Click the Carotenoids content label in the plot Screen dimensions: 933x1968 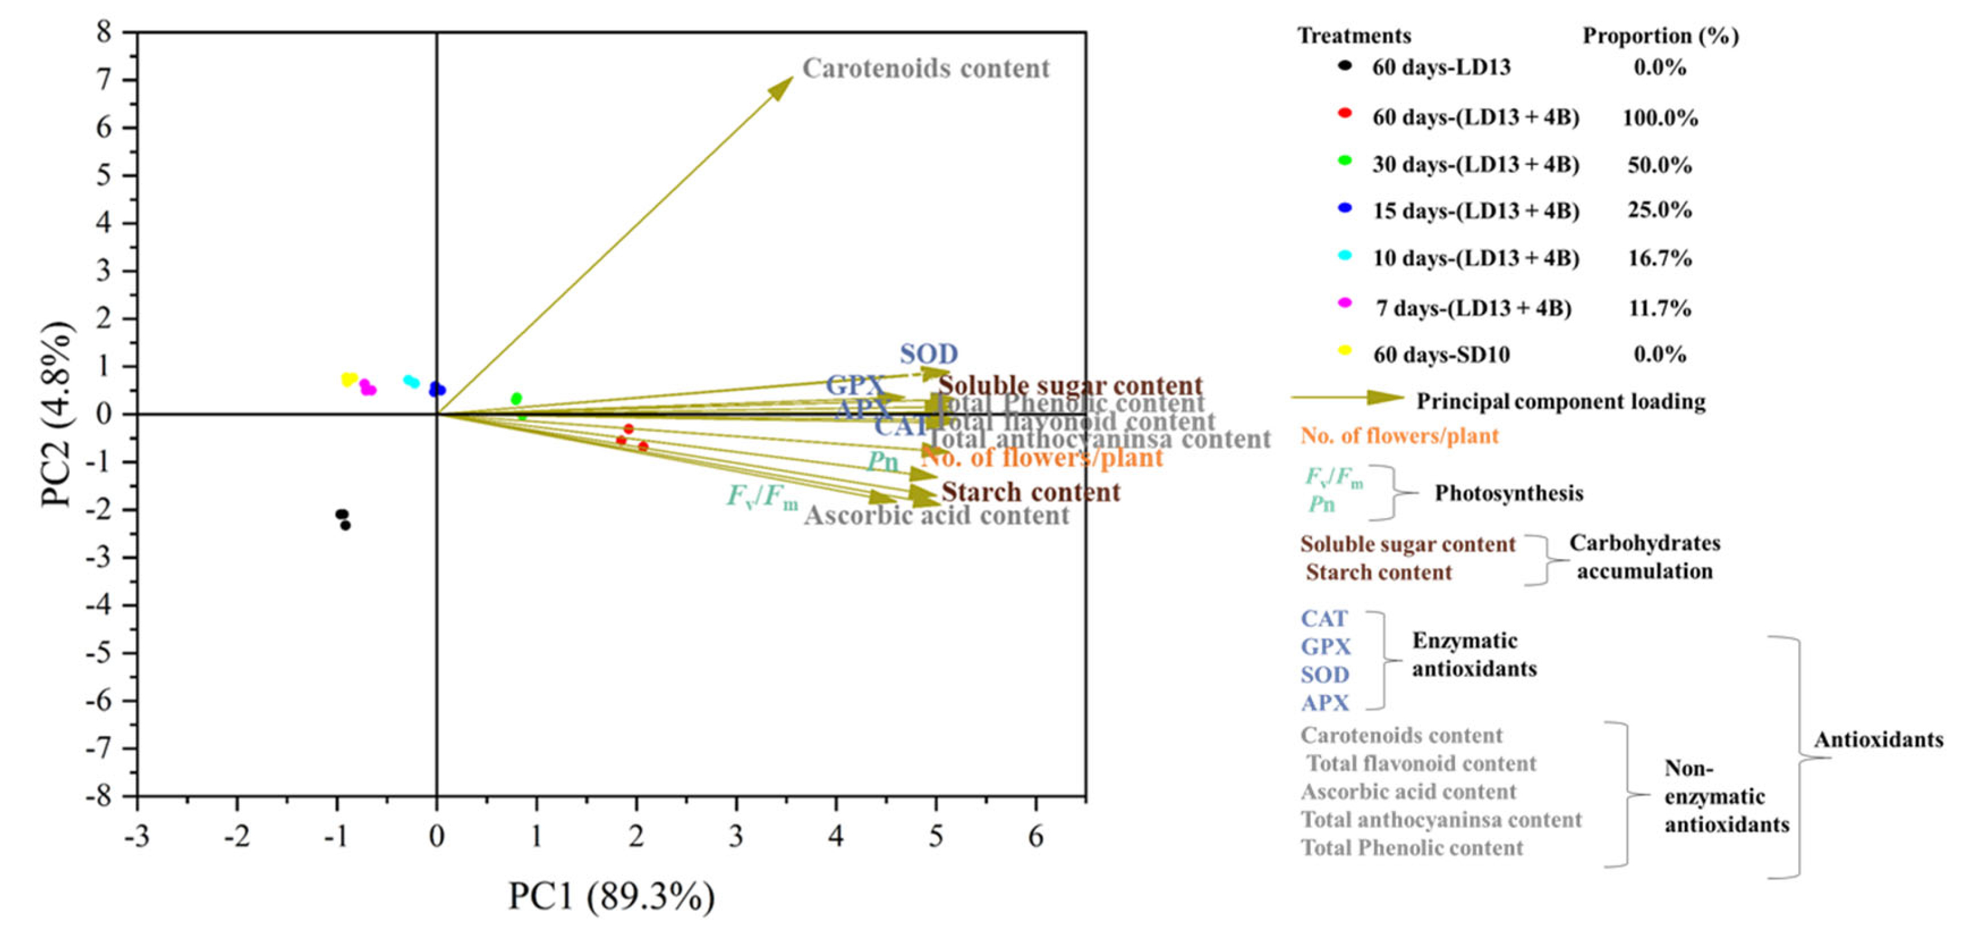[x=925, y=69]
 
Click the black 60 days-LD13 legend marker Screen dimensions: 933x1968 [x=1345, y=66]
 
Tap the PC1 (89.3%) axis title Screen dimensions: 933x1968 [x=611, y=896]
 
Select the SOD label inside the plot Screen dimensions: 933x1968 [x=928, y=354]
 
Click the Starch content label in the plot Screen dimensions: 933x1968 [x=1031, y=491]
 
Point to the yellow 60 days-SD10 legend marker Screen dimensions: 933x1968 [x=1345, y=351]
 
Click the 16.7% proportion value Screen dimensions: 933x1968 [x=1660, y=258]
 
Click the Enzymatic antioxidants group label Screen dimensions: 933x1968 [x=1473, y=654]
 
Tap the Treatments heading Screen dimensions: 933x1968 [x=1354, y=36]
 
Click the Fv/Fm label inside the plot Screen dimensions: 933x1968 [x=761, y=497]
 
